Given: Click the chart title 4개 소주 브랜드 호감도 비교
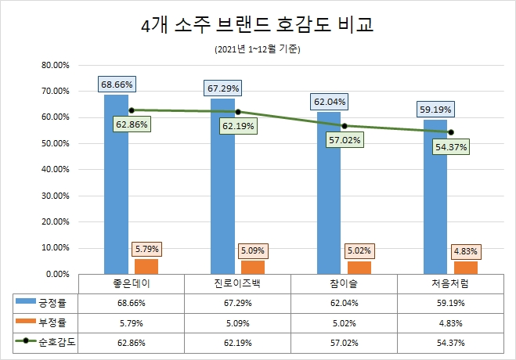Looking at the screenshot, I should pyautogui.click(x=258, y=26).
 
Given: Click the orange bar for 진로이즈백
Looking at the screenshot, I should pyautogui.click(x=253, y=267).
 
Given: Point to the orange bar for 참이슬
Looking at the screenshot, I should pyautogui.click(x=359, y=268).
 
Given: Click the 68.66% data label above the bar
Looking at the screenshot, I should pyautogui.click(x=117, y=83).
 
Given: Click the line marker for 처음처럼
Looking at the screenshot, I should pyautogui.click(x=451, y=132).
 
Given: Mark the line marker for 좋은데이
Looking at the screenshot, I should pyautogui.click(x=132, y=110).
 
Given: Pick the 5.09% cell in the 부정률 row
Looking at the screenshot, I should pyautogui.click(x=237, y=321).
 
